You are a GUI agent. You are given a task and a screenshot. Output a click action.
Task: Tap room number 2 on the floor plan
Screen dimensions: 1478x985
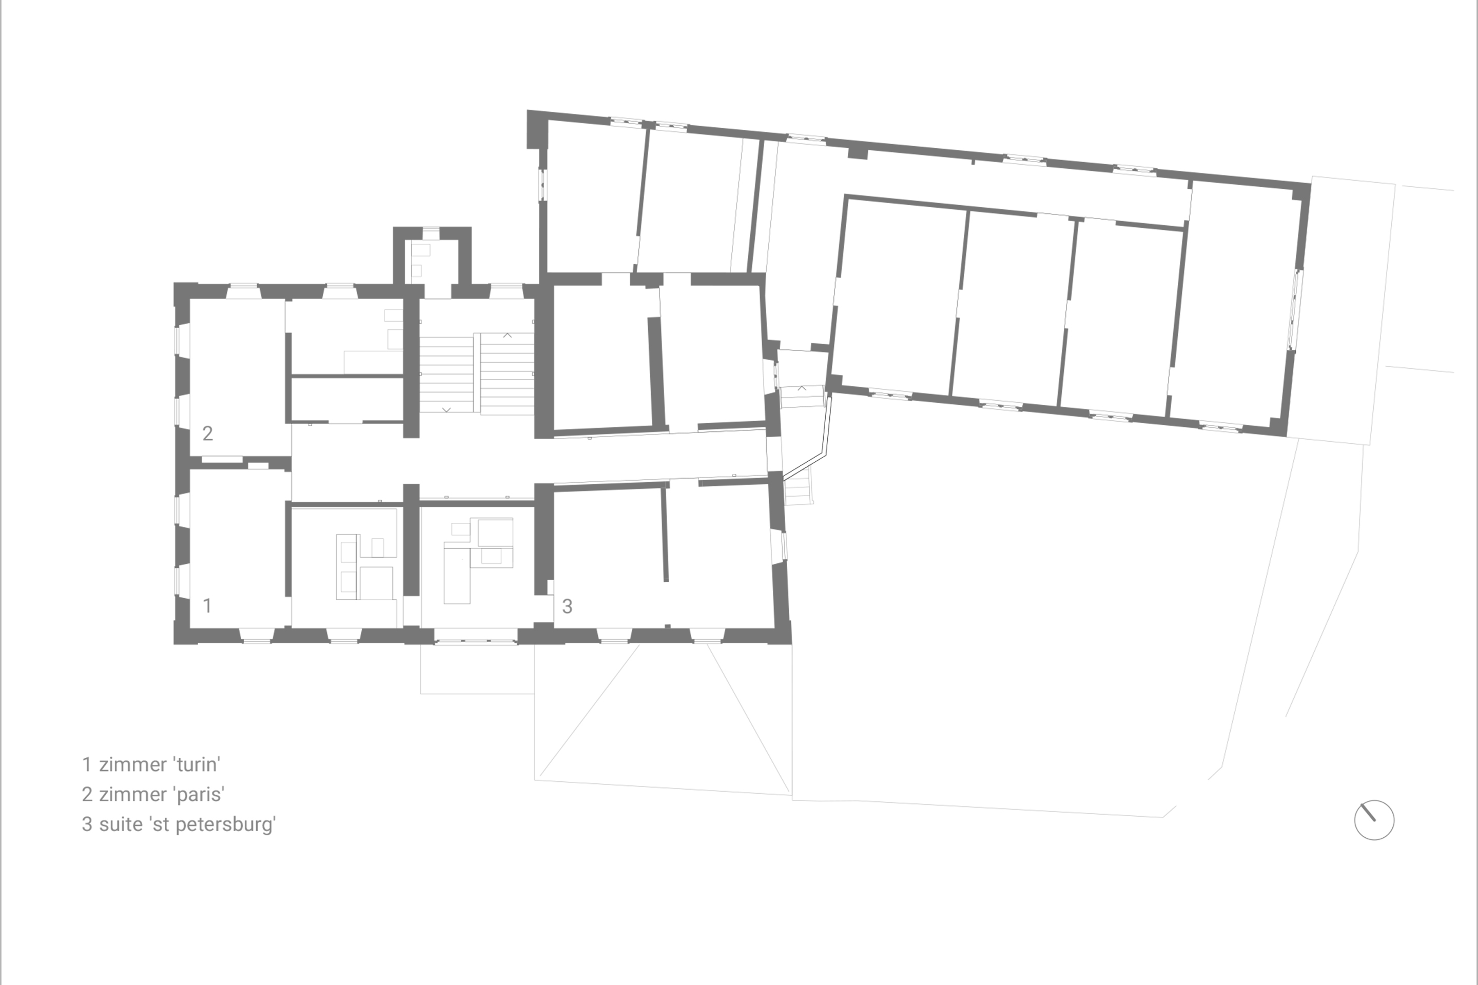[x=207, y=433]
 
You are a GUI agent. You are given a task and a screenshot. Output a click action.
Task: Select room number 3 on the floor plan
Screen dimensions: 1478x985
[x=567, y=606]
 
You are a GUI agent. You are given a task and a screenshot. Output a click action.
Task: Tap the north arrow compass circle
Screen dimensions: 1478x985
[x=1374, y=820]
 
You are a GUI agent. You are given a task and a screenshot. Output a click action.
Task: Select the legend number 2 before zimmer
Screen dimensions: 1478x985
[x=87, y=794]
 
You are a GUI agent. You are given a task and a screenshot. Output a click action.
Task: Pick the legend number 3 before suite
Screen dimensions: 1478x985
[x=87, y=824]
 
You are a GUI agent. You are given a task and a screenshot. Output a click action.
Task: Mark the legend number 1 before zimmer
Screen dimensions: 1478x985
[x=87, y=764]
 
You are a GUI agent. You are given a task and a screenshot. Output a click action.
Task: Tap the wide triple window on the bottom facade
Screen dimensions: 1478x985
[x=476, y=641]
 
